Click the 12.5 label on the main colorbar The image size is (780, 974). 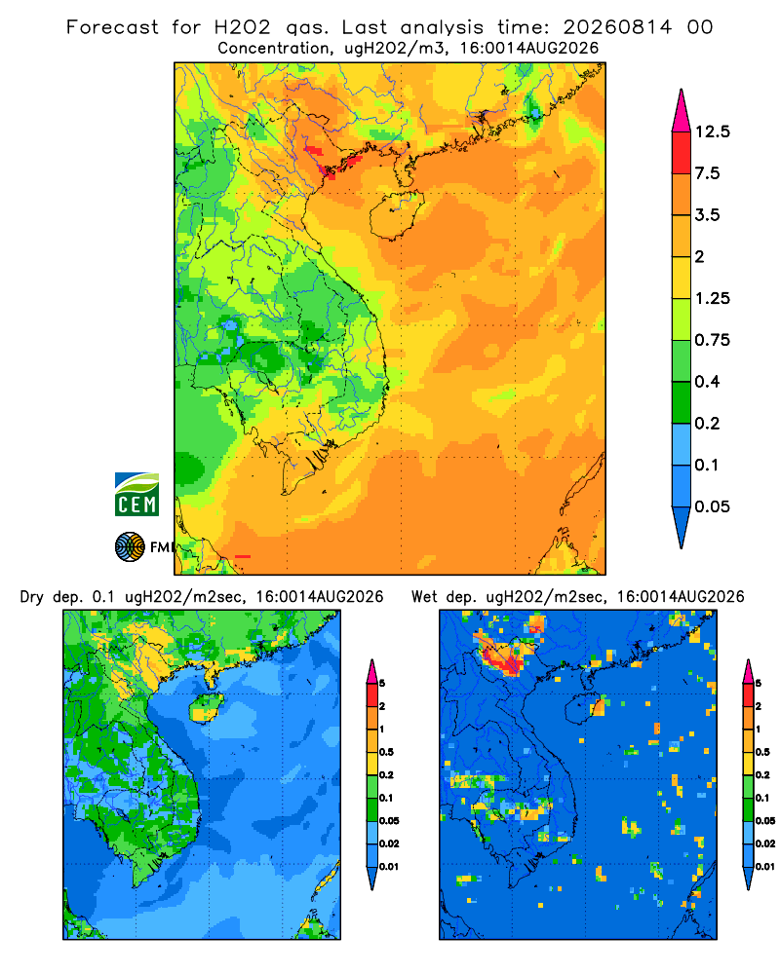click(712, 131)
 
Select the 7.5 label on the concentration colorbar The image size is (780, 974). click(707, 173)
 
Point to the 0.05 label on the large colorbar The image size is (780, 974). click(712, 506)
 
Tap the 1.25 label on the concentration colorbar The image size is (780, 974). click(712, 298)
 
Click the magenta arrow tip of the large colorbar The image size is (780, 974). click(682, 112)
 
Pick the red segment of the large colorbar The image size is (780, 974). click(682, 153)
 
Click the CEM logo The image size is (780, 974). click(136, 495)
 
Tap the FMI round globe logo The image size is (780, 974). click(130, 546)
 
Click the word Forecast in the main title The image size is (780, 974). click(112, 27)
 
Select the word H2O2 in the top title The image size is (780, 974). click(243, 27)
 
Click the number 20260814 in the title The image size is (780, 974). click(617, 27)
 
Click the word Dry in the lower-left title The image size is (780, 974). click(32, 598)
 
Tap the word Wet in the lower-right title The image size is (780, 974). click(424, 597)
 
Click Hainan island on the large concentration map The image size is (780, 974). click(396, 214)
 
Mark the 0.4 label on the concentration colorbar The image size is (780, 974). click(707, 382)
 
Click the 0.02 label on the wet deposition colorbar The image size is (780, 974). click(765, 843)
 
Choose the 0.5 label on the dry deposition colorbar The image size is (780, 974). click(386, 752)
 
